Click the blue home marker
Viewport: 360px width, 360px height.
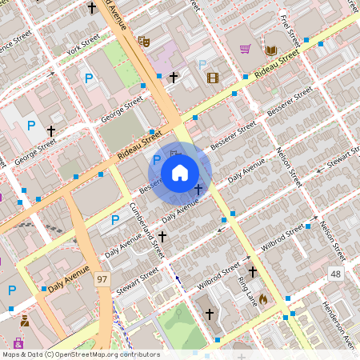coord(180,172)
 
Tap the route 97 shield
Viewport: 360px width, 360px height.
coord(102,279)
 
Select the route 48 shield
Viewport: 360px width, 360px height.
coord(335,274)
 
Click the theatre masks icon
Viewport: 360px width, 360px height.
coord(144,42)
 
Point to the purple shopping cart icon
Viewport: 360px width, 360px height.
coord(246,49)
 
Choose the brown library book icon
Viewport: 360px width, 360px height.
coord(271,50)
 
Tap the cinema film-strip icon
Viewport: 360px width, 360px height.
coord(212,78)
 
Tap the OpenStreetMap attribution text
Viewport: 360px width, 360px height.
coord(81,354)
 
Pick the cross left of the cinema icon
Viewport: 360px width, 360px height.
coord(174,77)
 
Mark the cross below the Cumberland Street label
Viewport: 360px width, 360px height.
coord(162,237)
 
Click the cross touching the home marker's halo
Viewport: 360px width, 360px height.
coord(198,190)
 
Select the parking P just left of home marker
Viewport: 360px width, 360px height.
coord(157,161)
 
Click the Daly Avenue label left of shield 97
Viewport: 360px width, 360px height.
coord(66,281)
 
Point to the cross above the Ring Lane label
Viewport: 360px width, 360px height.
coord(253,272)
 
